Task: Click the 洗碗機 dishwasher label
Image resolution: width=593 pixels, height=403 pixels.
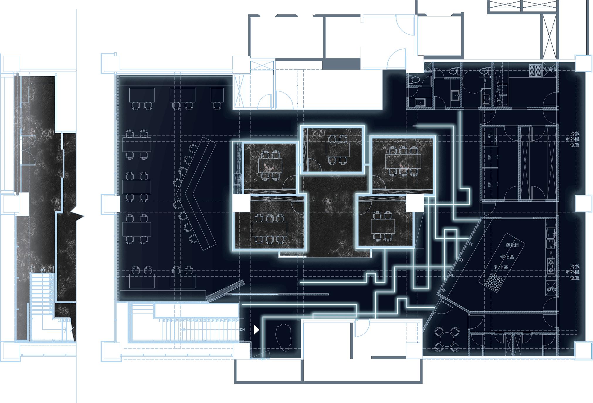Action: (549, 69)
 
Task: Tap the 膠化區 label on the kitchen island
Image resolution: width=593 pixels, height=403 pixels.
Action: (512, 245)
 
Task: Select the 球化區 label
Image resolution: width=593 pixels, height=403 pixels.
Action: (507, 257)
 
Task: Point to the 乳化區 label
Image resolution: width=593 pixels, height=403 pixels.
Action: (501, 267)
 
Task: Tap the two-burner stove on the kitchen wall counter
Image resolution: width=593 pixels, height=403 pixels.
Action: (551, 266)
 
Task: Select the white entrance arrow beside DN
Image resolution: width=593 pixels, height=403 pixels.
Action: (257, 330)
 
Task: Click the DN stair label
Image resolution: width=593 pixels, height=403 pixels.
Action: (242, 330)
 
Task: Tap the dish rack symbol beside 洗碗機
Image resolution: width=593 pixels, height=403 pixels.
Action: (536, 70)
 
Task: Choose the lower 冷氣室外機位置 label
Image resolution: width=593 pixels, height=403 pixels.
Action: (574, 272)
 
